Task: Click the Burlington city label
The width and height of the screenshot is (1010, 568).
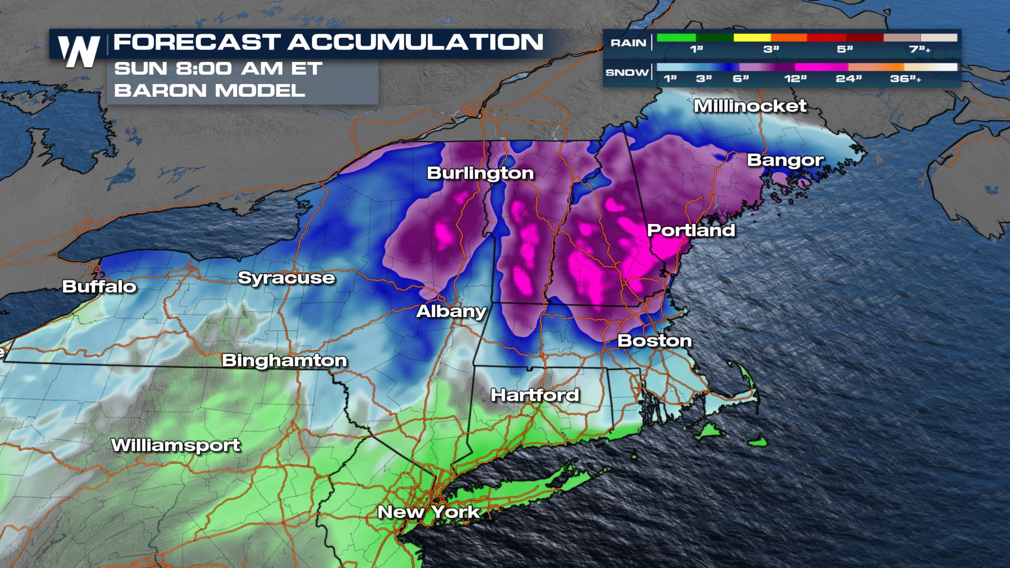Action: coord(480,173)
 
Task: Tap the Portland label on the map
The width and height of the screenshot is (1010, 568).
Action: coord(691,230)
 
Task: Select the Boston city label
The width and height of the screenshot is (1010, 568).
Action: coord(654,341)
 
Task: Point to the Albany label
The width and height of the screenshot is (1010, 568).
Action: coord(451,311)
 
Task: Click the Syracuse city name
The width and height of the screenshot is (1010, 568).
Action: coord(286,278)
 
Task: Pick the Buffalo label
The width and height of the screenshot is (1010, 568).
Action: coord(99,287)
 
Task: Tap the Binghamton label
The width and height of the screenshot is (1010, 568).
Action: coord(284,360)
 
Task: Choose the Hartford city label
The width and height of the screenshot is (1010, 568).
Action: coord(534,395)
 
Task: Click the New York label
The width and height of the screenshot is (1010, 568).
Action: coord(428,512)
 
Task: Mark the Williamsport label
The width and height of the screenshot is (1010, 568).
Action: coord(176,445)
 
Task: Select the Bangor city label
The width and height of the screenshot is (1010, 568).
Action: coord(785,160)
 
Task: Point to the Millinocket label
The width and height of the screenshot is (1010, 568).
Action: coord(750,106)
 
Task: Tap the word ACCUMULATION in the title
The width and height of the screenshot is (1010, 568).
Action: coord(415,42)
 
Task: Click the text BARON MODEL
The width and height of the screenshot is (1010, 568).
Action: coord(209,90)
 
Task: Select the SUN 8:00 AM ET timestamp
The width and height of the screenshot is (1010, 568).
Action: coord(218,69)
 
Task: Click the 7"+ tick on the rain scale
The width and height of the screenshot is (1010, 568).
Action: coord(920,49)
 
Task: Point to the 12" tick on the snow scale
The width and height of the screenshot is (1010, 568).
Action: coord(795,79)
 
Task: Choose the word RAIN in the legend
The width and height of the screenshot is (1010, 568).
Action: coord(628,43)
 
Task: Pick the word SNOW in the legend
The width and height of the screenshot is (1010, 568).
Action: coord(627,73)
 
